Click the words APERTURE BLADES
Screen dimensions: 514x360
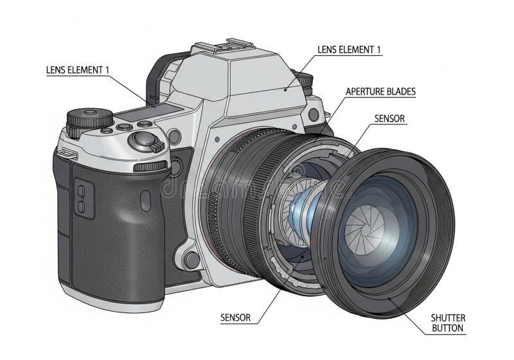pos(380,91)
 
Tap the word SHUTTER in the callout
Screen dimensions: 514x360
pos(448,318)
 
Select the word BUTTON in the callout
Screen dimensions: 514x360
pos(447,328)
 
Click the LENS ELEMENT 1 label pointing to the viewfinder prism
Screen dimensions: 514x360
pos(349,50)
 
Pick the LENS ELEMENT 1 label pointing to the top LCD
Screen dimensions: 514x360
pos(77,70)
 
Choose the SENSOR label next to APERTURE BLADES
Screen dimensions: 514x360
pos(389,118)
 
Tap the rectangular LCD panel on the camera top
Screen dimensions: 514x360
pos(150,112)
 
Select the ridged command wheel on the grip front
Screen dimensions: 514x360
pos(150,166)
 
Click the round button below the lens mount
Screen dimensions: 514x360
pos(191,260)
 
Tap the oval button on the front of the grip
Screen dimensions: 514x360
pos(145,201)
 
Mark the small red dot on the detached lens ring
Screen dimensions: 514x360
pos(314,240)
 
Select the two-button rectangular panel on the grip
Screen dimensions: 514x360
pos(84,198)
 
